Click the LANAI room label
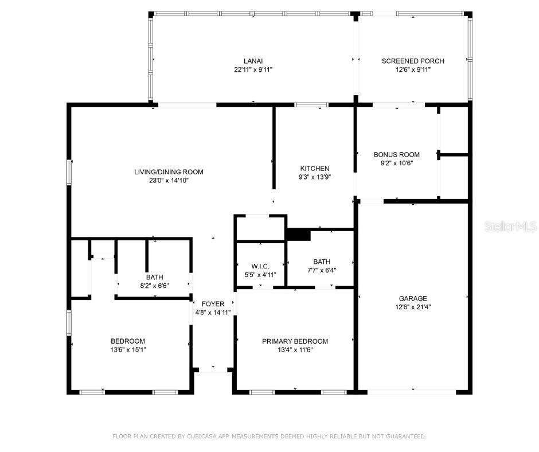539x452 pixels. pos(253,61)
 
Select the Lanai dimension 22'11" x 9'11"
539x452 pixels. pos(253,70)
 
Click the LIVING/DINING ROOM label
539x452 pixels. pos(169,172)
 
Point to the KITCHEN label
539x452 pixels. pos(315,169)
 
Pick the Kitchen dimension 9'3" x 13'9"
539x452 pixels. pos(315,177)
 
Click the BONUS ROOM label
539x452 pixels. pos(397,154)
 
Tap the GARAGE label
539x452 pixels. pos(413,298)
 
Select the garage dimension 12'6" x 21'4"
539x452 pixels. pos(413,307)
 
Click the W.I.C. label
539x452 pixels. pos(260,266)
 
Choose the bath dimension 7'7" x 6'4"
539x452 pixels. pos(321,271)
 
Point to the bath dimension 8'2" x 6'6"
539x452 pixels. pos(154,286)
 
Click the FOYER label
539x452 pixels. pos(213,304)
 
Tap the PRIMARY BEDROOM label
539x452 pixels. pos(295,341)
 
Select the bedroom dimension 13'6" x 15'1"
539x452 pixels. pos(128,349)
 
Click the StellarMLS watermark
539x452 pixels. pos(510,227)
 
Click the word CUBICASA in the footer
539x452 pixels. pos(201,437)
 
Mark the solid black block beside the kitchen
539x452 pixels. pos(298,234)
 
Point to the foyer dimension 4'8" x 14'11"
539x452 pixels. pos(213,313)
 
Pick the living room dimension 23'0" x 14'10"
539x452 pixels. pos(169,180)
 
